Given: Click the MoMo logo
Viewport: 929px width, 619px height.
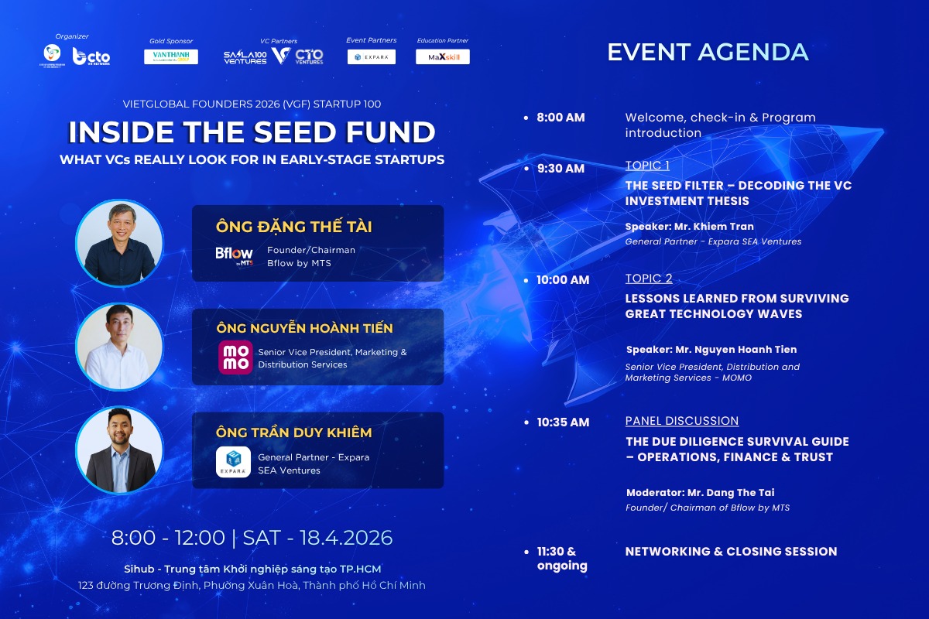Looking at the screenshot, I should [235, 357].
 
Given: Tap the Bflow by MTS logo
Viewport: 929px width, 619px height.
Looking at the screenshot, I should [234, 255].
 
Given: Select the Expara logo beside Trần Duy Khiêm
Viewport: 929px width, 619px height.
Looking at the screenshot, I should [233, 462].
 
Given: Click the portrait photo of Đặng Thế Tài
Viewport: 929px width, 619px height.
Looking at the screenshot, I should [119, 243].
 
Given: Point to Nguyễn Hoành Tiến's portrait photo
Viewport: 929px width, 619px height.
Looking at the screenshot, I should [119, 347].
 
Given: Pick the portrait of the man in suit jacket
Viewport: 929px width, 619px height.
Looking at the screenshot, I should [119, 450].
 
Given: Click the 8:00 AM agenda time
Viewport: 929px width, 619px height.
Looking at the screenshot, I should [560, 118].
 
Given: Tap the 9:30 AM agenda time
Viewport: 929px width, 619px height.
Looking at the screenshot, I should [560, 168].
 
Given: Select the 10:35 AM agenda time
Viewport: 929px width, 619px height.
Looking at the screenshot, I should [563, 422].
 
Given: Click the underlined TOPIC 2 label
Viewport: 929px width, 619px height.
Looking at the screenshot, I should [649, 279].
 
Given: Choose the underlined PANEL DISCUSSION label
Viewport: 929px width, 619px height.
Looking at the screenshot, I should [682, 421].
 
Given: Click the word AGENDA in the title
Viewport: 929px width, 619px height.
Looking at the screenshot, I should [752, 52].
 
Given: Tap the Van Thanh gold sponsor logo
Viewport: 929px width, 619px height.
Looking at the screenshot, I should [171, 56].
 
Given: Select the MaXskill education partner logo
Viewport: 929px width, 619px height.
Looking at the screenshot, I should [443, 56].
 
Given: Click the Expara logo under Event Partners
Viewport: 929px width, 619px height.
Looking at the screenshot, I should [372, 56].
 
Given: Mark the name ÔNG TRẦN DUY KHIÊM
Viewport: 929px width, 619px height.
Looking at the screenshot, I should [294, 433].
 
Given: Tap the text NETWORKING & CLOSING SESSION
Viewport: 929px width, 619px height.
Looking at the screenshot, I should [731, 551].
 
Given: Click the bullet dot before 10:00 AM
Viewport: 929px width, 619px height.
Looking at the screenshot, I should [526, 280].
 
